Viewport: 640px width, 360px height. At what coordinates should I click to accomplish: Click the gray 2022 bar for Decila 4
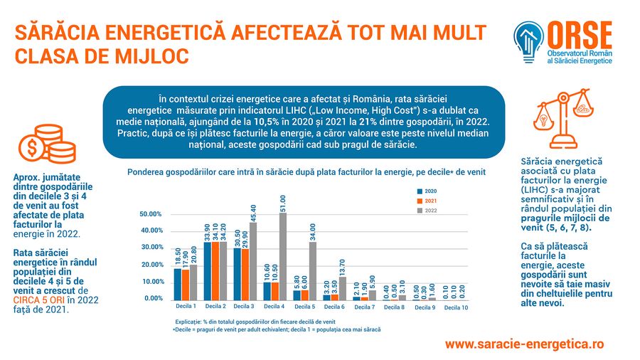tap(283, 256)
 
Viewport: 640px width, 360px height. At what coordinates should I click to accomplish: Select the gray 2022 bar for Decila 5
tap(312, 271)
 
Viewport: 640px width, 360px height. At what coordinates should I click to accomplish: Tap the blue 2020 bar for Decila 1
tap(178, 284)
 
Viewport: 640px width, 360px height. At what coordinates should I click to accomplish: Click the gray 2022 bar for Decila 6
tap(343, 287)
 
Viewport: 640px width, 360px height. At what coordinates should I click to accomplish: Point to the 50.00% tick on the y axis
tap(151, 213)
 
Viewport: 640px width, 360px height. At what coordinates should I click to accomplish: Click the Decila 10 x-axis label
tap(456, 308)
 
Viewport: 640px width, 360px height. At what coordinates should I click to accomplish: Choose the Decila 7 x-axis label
tap(365, 308)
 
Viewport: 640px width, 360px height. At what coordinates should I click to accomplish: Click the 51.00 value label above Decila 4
tap(283, 202)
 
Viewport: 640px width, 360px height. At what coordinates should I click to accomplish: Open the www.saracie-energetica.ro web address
tap(525, 344)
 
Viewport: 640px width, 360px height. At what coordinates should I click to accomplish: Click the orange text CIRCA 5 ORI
tap(37, 300)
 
